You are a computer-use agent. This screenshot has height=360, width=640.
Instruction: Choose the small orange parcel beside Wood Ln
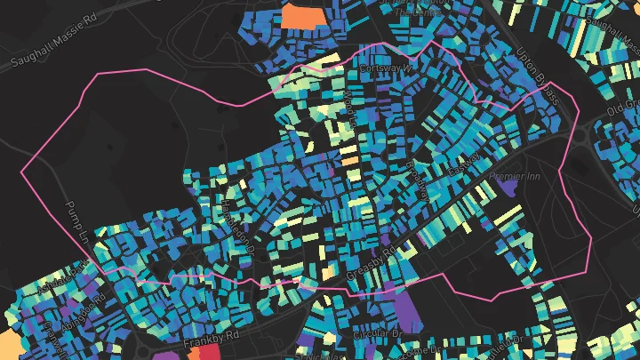coord(348,161)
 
